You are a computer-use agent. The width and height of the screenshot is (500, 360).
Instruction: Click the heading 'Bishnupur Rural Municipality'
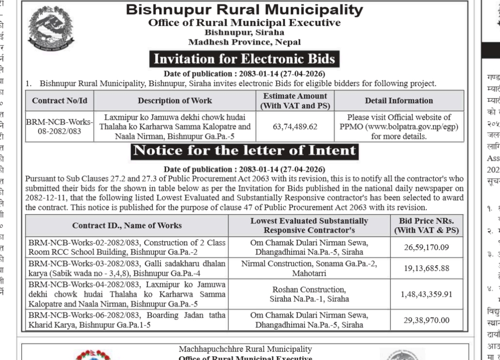point(244,10)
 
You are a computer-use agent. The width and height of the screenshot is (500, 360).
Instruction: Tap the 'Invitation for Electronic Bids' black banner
point(244,59)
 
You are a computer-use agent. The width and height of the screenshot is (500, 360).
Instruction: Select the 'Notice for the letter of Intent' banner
point(244,151)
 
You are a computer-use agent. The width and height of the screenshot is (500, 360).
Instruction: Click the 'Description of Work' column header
point(175,100)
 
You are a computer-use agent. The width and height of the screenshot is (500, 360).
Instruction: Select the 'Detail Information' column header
point(399,100)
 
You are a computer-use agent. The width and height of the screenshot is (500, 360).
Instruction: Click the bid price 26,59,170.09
point(426,247)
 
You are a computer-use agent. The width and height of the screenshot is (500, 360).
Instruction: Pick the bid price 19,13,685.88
point(426,268)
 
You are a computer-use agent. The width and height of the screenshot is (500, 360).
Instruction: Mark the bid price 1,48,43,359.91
point(426,294)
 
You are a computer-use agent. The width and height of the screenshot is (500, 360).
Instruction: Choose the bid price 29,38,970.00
point(426,320)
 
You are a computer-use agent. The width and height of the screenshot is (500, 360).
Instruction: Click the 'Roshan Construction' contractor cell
point(309,294)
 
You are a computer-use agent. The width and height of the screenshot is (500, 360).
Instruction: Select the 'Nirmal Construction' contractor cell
point(309,268)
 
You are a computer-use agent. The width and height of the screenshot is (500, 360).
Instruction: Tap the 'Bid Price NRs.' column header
point(426,225)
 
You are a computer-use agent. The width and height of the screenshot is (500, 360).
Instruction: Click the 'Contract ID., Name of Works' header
point(127,226)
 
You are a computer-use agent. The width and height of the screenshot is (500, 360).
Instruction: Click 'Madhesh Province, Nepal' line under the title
point(244,42)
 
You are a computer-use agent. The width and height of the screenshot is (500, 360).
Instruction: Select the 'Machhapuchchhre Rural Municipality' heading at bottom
point(245,349)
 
